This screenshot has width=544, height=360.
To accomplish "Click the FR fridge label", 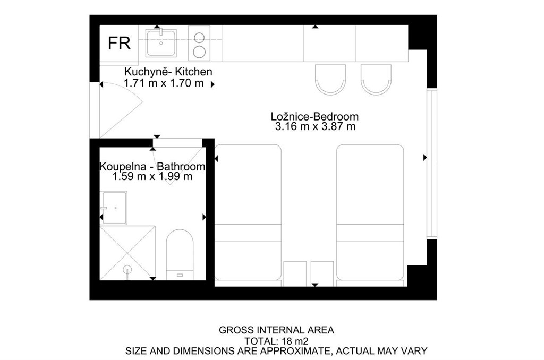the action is pyautogui.click(x=119, y=43).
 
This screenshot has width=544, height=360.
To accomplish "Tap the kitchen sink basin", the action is pyautogui.click(x=161, y=43).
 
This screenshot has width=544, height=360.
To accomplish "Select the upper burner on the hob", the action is pyautogui.click(x=199, y=37).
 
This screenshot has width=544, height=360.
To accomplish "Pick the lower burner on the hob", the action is pyautogui.click(x=199, y=52).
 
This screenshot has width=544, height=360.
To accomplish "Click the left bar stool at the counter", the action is pyautogui.click(x=330, y=80).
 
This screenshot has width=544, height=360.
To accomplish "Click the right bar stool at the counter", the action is pyautogui.click(x=376, y=80).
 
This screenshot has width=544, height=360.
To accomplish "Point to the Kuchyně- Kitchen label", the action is pyautogui.click(x=168, y=72).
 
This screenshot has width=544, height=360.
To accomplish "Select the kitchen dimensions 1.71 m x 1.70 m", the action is pyautogui.click(x=164, y=83).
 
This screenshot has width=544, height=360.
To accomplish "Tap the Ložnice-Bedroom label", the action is pyautogui.click(x=314, y=116).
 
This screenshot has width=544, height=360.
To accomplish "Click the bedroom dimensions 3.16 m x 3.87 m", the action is pyautogui.click(x=315, y=126).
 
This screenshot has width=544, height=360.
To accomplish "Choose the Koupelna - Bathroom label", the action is pyautogui.click(x=152, y=167).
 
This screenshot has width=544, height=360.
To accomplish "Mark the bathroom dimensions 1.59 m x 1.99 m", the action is pyautogui.click(x=152, y=176).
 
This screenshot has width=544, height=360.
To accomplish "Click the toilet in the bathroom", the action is pyautogui.click(x=180, y=254).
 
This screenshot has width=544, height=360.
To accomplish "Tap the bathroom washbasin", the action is pyautogui.click(x=114, y=208).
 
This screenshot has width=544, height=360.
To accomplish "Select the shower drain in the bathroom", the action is pyautogui.click(x=127, y=269).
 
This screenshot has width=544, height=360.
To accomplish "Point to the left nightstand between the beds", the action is pyautogui.click(x=295, y=273).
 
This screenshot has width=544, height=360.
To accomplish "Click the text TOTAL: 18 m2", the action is pyautogui.click(x=276, y=340).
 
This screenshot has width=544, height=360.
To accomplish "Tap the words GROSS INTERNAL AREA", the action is pyautogui.click(x=276, y=330).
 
